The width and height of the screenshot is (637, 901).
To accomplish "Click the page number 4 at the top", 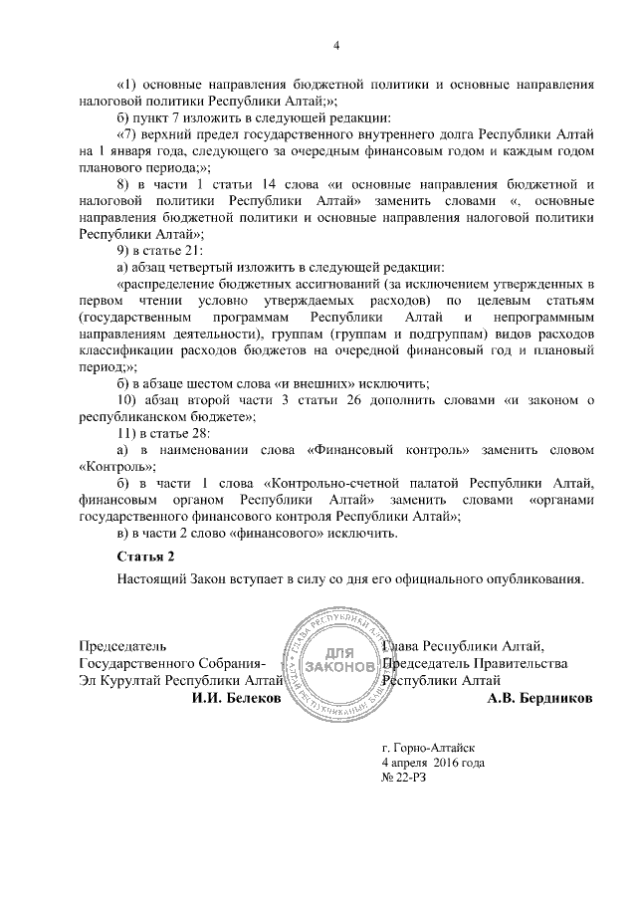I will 335,46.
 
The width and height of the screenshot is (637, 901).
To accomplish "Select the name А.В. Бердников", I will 539,699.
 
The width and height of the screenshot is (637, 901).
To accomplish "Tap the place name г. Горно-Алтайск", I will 429,746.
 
